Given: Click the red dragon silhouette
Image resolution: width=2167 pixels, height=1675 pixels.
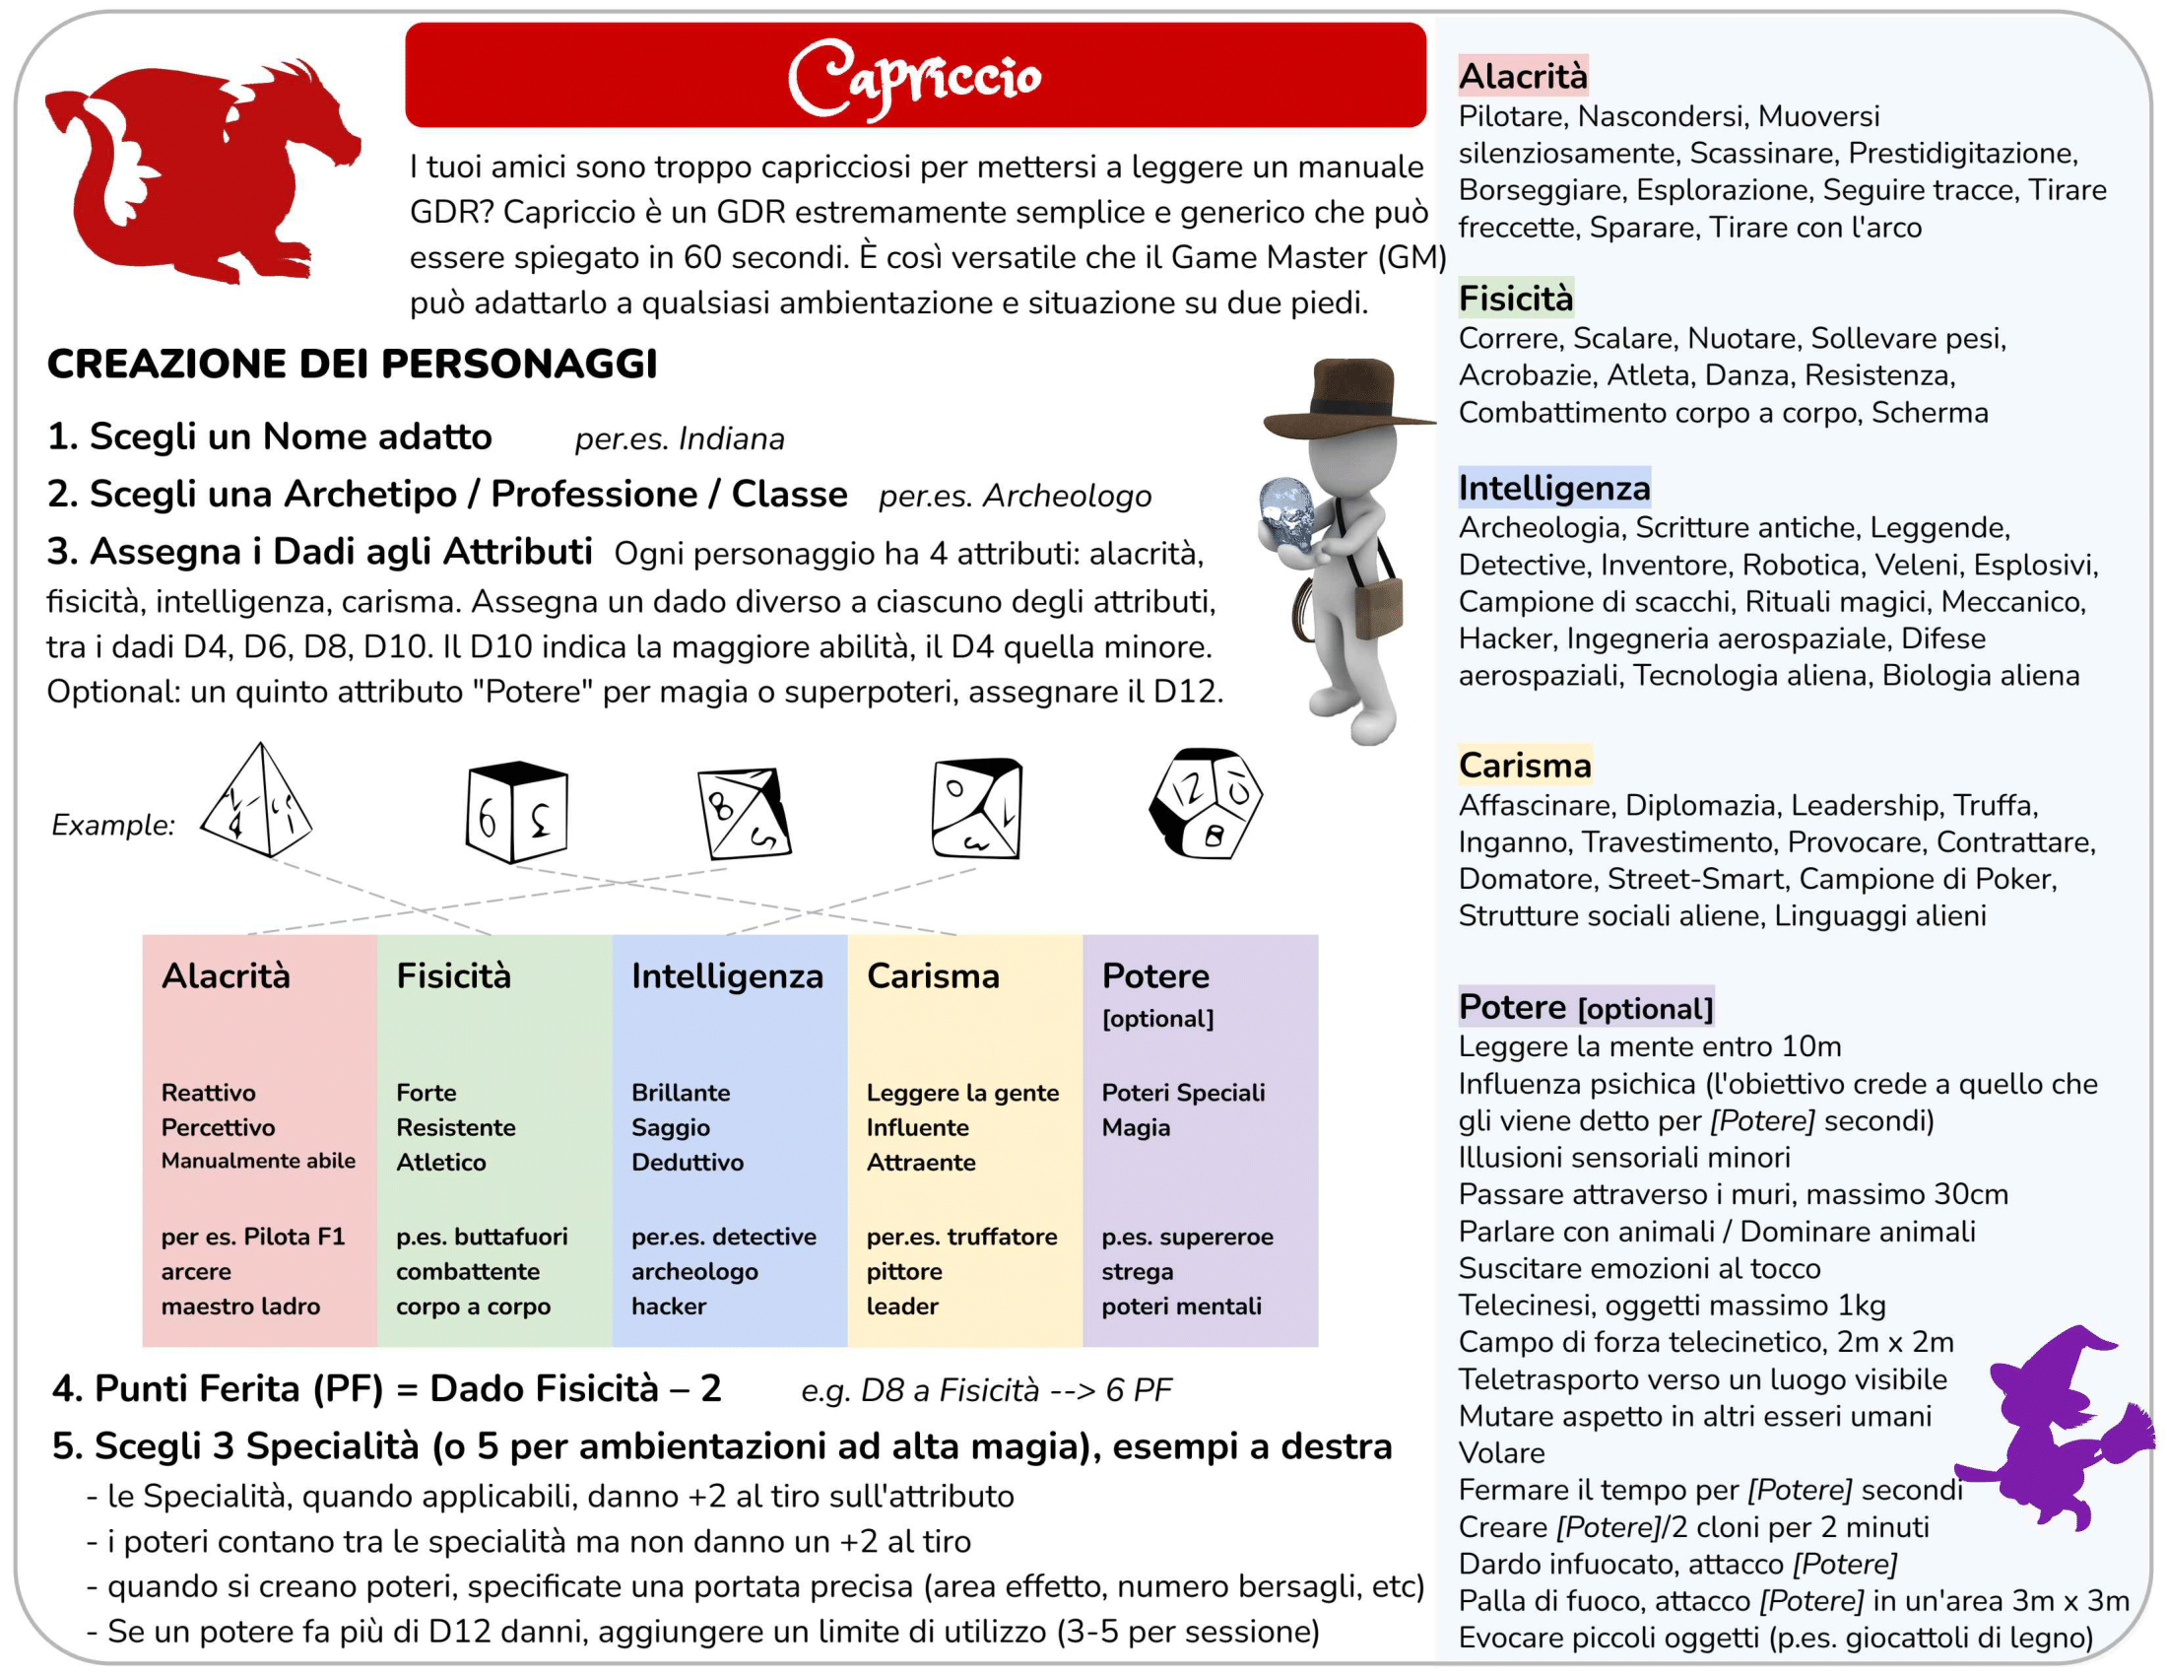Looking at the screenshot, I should (x=188, y=173).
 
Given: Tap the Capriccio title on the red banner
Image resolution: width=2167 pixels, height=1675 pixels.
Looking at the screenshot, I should (x=914, y=77).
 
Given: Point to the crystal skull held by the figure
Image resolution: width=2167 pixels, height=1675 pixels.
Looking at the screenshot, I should (x=1287, y=512).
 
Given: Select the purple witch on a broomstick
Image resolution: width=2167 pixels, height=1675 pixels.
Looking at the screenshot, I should (x=2054, y=1429).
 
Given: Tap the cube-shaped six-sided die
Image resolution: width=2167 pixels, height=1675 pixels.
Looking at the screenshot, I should (x=516, y=811).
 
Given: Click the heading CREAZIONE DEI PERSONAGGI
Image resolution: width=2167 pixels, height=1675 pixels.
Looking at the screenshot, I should (x=353, y=365).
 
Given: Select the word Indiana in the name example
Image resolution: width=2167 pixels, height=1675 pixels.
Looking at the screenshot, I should (x=731, y=438).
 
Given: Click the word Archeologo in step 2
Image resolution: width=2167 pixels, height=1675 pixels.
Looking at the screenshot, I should (x=1067, y=497).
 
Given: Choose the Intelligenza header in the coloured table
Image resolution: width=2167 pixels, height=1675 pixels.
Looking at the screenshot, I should (x=726, y=976).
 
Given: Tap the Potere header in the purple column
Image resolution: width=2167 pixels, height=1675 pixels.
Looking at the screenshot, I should (x=1155, y=976).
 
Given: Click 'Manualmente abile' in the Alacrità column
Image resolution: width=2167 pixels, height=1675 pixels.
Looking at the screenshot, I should (x=258, y=1161).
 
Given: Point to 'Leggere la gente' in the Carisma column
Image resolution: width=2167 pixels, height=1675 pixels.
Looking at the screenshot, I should (x=962, y=1093).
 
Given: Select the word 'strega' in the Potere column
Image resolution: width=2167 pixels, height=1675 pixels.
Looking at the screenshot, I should (x=1137, y=1271).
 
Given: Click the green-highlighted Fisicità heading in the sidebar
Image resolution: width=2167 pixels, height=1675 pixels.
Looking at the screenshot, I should (x=1515, y=299).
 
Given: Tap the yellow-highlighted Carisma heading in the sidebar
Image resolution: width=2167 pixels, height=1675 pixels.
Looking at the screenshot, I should (x=1524, y=765).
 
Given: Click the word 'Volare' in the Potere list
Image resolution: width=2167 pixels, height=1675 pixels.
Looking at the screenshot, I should (x=1501, y=1452).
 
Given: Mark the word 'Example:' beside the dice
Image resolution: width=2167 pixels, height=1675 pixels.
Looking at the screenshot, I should (x=113, y=825).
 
